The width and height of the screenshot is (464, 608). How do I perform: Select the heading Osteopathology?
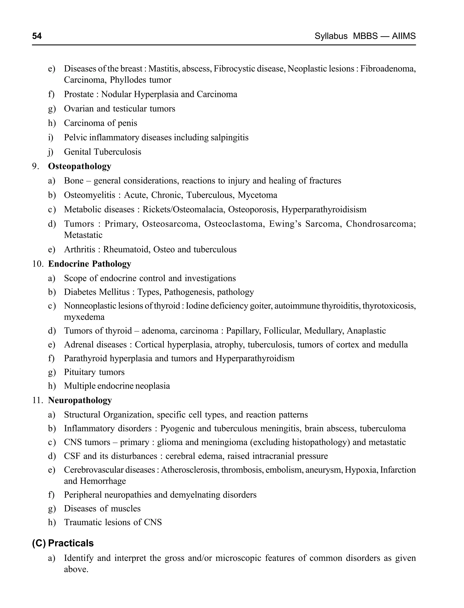[x=80, y=166]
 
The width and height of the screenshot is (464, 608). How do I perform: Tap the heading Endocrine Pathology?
[x=89, y=264]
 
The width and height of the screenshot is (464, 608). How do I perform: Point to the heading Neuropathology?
[x=80, y=400]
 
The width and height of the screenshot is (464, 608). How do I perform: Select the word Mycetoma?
[x=257, y=195]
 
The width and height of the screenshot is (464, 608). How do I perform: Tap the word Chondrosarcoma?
[x=381, y=224]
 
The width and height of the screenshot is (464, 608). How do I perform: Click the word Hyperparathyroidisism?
[x=324, y=209]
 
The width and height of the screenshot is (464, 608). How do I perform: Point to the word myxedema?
[x=84, y=317]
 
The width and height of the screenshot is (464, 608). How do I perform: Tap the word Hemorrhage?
[x=103, y=481]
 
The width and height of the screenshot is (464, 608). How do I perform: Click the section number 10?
[x=38, y=264]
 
